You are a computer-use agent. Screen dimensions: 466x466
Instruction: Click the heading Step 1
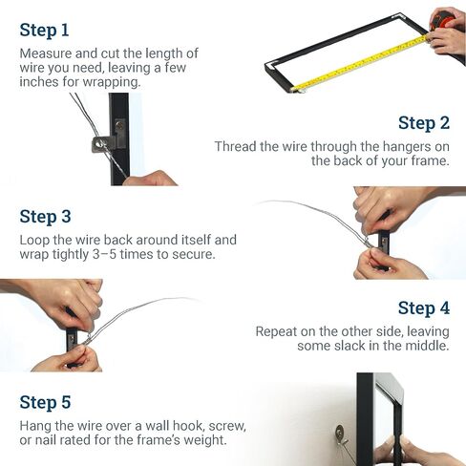(44, 31)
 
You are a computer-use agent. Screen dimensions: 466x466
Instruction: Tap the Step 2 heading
(424, 123)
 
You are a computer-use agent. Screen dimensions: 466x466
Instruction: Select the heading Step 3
(45, 217)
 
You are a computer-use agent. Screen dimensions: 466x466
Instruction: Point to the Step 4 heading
(424, 308)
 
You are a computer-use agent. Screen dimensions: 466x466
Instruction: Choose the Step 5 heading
(45, 402)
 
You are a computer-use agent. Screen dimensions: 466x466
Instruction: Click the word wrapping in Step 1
(112, 82)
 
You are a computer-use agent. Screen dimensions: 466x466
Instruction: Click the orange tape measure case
(445, 19)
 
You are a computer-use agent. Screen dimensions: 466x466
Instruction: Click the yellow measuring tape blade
(360, 64)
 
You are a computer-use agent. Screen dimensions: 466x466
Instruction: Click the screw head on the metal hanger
(119, 125)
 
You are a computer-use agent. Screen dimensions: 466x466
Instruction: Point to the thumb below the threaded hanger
(150, 179)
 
